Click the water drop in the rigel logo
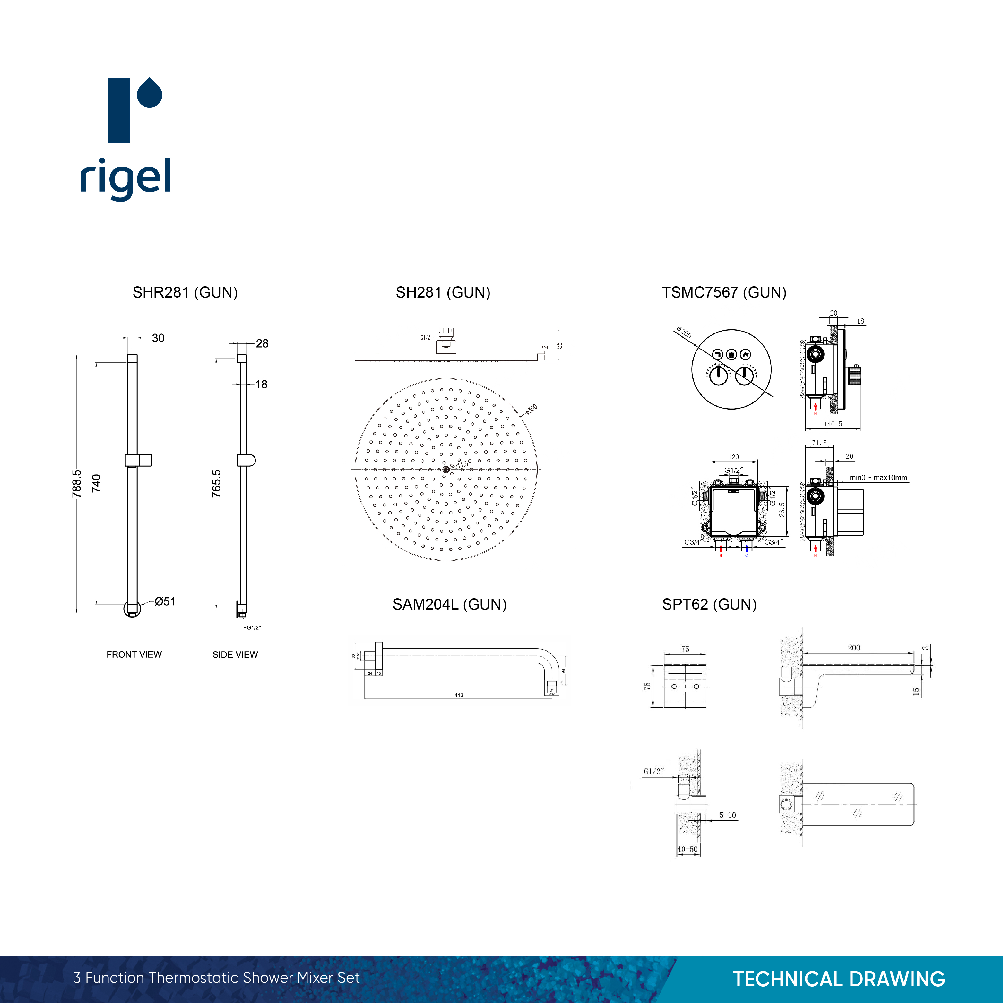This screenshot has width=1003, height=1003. point(150,93)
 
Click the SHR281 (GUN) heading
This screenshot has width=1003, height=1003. point(185,292)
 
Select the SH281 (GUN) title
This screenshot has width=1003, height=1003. point(443,292)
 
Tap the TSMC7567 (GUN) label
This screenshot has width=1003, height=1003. point(724,292)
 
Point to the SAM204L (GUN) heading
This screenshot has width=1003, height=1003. point(449,604)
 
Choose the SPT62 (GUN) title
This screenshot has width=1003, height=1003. point(709,604)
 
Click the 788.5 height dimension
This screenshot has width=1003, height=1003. point(77,483)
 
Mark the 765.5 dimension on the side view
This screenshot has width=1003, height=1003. point(216,483)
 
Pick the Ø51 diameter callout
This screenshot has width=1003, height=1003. point(165,602)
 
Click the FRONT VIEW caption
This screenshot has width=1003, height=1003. point(134,655)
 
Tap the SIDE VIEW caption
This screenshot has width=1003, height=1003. point(235,655)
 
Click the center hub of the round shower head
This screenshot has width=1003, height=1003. point(446,469)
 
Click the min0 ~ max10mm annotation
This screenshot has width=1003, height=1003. point(878,478)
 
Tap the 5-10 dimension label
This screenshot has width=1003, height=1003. point(727,815)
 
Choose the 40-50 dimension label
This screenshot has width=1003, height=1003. point(687,849)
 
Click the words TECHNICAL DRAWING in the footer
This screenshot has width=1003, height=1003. point(839,979)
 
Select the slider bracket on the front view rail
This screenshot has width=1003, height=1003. point(138,460)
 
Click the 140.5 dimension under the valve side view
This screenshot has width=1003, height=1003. point(833,424)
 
